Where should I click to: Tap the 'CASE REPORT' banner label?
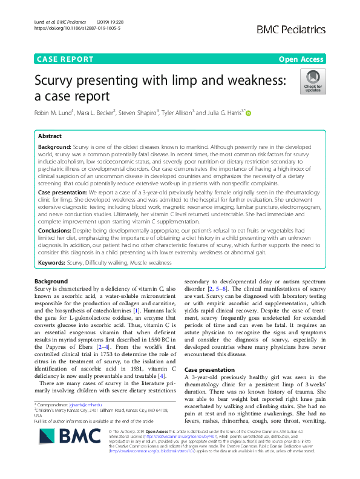pyautogui.click(x=65, y=59)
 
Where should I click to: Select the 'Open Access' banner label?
pyautogui.click(x=301, y=59)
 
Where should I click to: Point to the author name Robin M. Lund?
pyautogui.click(x=56, y=113)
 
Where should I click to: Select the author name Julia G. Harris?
pyautogui.click(x=221, y=113)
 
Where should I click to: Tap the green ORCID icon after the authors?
pyautogui.click(x=247, y=113)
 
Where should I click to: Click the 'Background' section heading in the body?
pyautogui.click(x=51, y=282)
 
